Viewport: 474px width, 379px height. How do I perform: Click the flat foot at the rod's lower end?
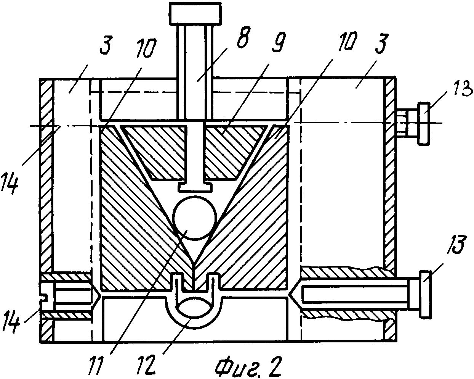click(x=194, y=187)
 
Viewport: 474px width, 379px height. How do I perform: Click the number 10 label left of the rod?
click(x=145, y=47)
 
